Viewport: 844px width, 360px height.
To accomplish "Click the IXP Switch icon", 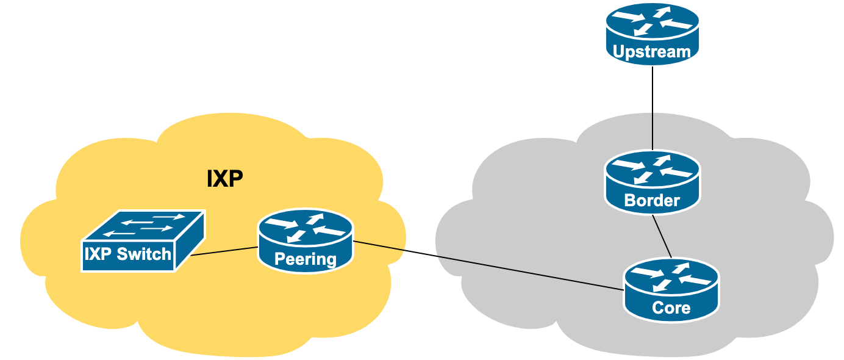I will pos(143,241).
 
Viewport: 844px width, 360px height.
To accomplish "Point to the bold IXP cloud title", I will pos(225,179).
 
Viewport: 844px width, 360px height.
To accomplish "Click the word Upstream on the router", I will pos(652,52).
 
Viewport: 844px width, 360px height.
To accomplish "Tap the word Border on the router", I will pos(652,200).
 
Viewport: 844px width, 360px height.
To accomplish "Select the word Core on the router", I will pos(671,308).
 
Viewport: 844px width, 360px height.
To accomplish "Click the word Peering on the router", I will pos(306,259).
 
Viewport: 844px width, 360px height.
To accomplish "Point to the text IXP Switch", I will pos(128,254).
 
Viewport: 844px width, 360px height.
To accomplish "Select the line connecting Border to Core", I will pos(662,236).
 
